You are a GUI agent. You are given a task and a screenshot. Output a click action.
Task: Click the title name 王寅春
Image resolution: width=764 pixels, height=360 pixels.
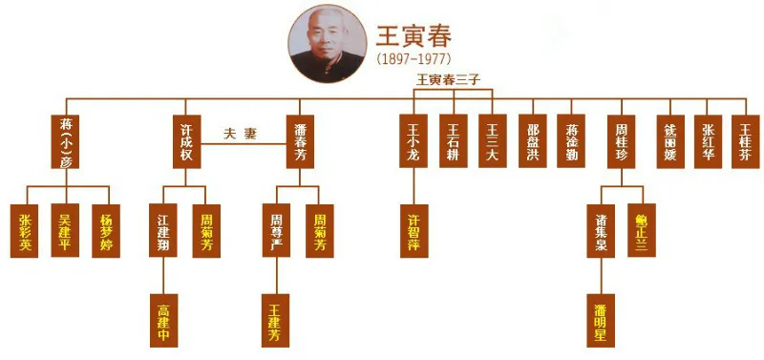(x=414, y=36)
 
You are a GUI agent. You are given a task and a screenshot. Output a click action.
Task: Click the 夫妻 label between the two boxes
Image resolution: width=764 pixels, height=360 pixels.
(x=240, y=135)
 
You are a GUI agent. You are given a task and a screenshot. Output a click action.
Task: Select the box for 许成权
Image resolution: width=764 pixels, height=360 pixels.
(x=187, y=141)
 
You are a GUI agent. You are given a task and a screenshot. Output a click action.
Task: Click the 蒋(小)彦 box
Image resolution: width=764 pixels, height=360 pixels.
(x=66, y=141)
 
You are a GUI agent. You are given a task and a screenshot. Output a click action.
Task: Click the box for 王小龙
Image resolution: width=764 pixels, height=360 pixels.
(x=413, y=141)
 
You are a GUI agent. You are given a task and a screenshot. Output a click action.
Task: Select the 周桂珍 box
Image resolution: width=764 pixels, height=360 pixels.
(x=621, y=141)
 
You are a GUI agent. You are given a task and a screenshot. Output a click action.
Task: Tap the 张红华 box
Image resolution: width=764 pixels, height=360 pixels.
(x=708, y=141)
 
